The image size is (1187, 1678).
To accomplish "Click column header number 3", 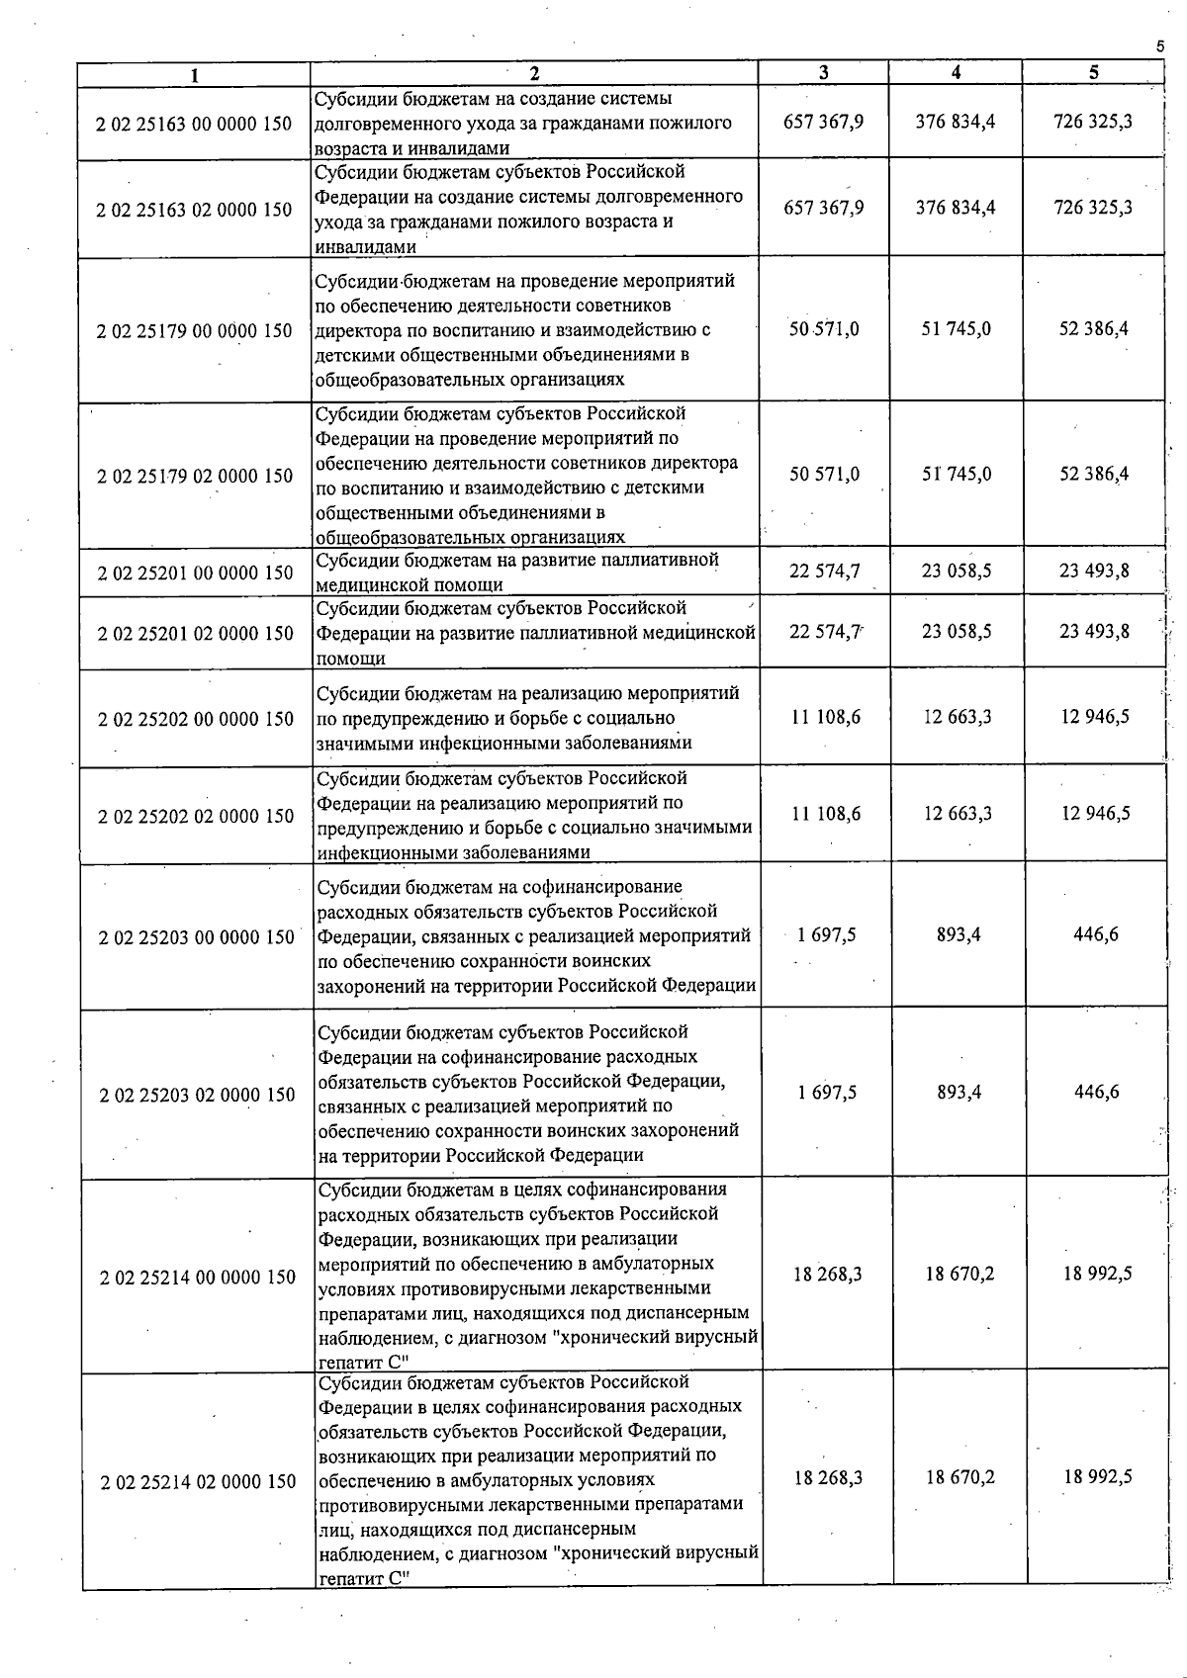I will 823,73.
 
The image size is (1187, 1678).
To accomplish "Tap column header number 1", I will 195,75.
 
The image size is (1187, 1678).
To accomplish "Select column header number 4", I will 956,72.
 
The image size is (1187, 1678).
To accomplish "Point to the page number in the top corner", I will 1159,45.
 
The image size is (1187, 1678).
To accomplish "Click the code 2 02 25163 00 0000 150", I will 194,124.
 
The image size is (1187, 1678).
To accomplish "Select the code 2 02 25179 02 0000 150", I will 195,476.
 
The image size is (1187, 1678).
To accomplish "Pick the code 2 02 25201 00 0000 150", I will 195,573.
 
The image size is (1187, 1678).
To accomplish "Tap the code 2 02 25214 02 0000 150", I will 198,1481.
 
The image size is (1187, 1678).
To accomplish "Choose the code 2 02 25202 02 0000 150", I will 196,816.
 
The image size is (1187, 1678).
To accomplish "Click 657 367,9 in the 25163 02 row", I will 823,208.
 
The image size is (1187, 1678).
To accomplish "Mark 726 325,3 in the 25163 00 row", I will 1093,122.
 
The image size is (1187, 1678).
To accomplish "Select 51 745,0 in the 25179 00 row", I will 956,328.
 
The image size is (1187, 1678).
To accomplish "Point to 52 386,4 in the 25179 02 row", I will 1094,474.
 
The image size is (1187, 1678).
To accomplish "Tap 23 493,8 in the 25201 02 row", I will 1094,631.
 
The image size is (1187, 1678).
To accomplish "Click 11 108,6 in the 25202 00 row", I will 825,717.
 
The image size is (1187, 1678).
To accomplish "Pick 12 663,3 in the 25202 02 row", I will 958,814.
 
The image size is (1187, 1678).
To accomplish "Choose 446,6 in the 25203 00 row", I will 1096,934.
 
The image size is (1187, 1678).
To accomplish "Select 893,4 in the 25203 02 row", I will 959,1093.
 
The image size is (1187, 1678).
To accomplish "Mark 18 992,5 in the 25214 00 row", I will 1097,1274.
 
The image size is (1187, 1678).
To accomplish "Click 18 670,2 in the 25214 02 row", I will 959,1477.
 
